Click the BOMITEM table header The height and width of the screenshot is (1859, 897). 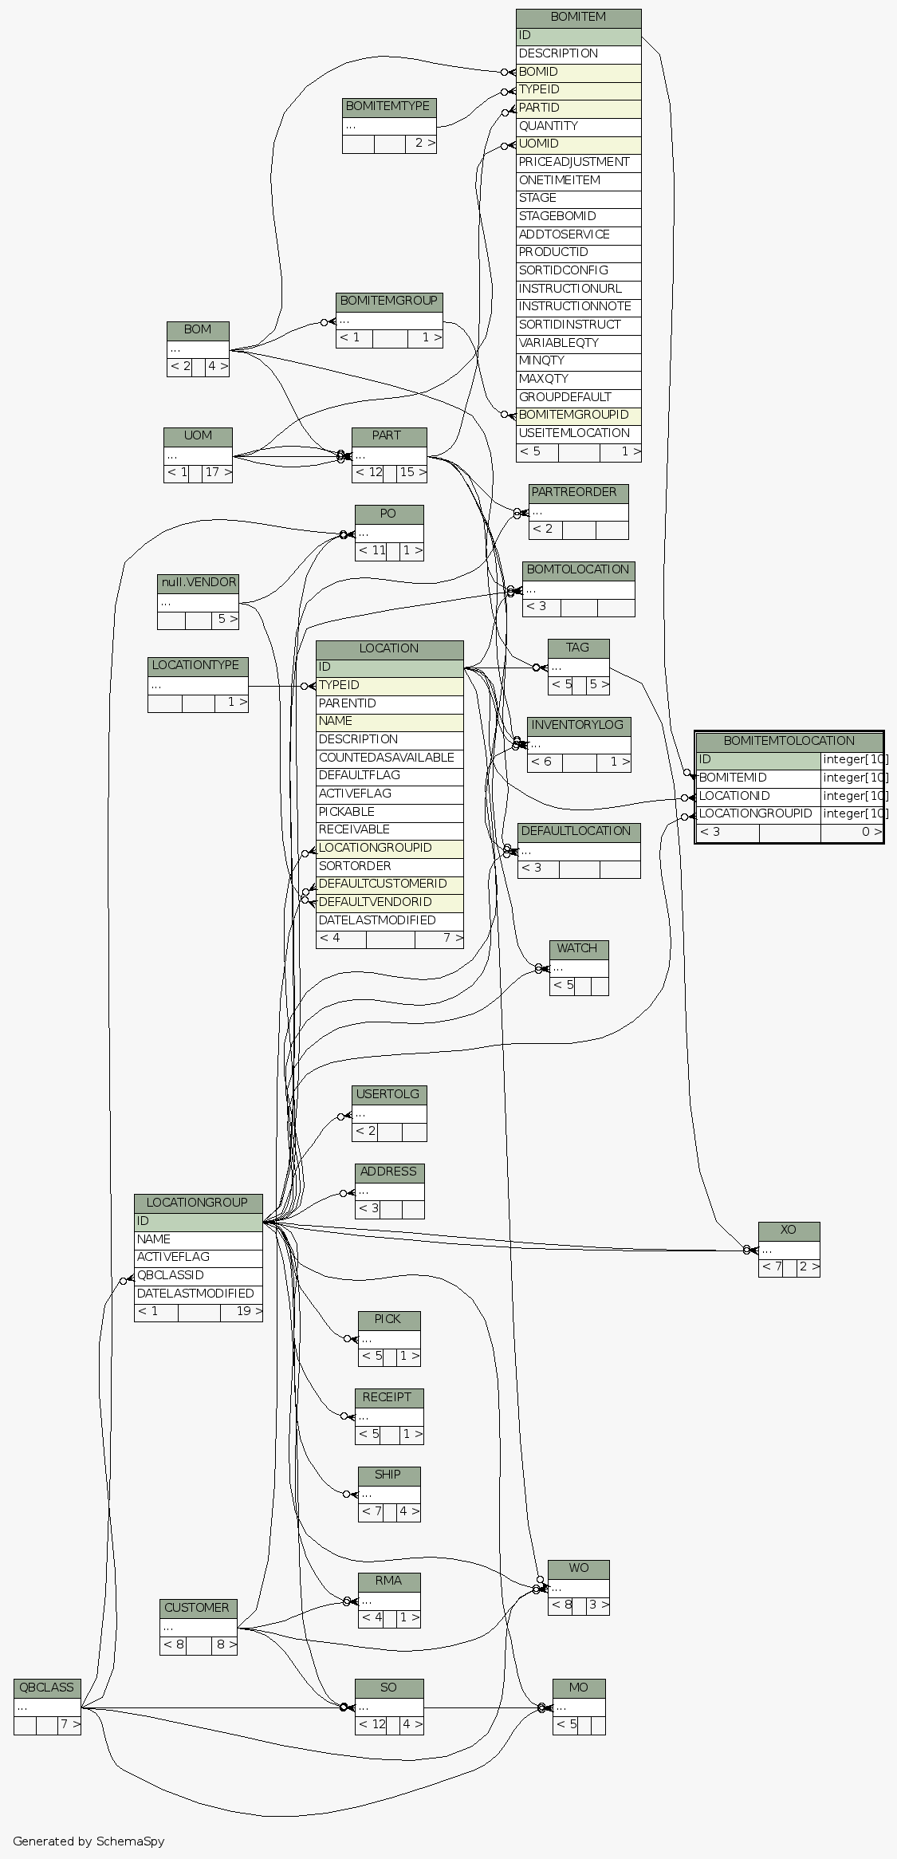click(x=578, y=17)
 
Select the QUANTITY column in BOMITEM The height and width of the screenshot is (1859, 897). click(x=578, y=126)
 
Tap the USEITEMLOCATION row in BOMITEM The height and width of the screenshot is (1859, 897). click(x=578, y=433)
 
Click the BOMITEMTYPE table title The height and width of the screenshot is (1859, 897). click(x=388, y=107)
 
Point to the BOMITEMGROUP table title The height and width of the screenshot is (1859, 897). click(x=388, y=301)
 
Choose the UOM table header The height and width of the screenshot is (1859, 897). click(x=198, y=436)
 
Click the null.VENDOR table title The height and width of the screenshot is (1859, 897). click(x=198, y=583)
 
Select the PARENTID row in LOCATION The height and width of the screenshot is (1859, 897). click(x=389, y=703)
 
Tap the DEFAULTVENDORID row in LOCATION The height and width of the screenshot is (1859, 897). click(x=389, y=902)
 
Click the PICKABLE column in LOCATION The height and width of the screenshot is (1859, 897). click(x=389, y=812)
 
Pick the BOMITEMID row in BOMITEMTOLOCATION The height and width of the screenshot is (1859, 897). click(x=757, y=778)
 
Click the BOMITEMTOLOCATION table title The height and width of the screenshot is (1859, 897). click(x=789, y=741)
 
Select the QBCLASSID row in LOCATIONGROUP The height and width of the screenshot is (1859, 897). click(x=198, y=1275)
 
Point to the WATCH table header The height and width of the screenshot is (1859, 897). click(x=578, y=948)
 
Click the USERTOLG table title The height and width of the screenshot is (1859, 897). click(x=388, y=1094)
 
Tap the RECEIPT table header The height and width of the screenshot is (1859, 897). click(x=388, y=1397)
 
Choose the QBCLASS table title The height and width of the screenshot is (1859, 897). click(x=47, y=1688)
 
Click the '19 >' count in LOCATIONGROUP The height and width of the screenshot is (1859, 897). click(x=241, y=1311)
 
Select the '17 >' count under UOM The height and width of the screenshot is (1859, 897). click(x=217, y=473)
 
